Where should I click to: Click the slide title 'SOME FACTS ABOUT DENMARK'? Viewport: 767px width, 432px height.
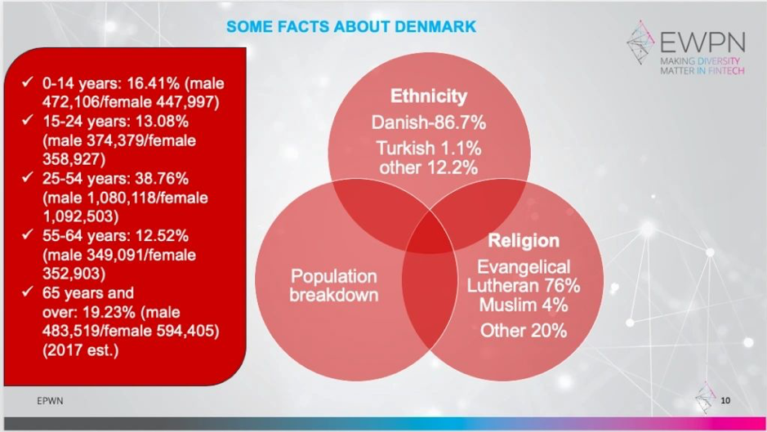coord(351,26)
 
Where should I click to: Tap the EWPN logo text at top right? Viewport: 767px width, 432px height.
coord(702,42)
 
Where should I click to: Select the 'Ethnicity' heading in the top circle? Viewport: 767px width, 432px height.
coord(429,96)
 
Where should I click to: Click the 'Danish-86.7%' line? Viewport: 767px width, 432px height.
coord(429,122)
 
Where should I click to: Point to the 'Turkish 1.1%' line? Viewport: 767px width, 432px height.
coord(429,148)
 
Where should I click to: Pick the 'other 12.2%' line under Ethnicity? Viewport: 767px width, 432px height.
coord(429,167)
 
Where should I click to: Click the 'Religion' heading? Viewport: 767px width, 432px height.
coord(524,241)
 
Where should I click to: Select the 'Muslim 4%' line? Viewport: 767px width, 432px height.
coord(524,305)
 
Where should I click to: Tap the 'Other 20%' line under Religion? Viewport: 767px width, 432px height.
coord(524,331)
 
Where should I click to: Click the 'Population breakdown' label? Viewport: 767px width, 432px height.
coord(333,286)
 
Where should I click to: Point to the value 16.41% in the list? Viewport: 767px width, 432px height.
coord(153,83)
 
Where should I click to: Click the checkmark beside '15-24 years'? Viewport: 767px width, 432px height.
coord(28,119)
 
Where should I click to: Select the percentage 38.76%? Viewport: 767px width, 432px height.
coord(162,179)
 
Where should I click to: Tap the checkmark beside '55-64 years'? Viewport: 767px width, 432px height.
coord(28,234)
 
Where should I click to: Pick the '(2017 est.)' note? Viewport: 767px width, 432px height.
coord(80,350)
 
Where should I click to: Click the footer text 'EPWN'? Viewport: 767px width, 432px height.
coord(50,401)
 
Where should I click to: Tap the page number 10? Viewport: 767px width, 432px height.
coord(725,401)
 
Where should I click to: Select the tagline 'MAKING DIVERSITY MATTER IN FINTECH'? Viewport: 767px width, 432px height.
coord(702,66)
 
